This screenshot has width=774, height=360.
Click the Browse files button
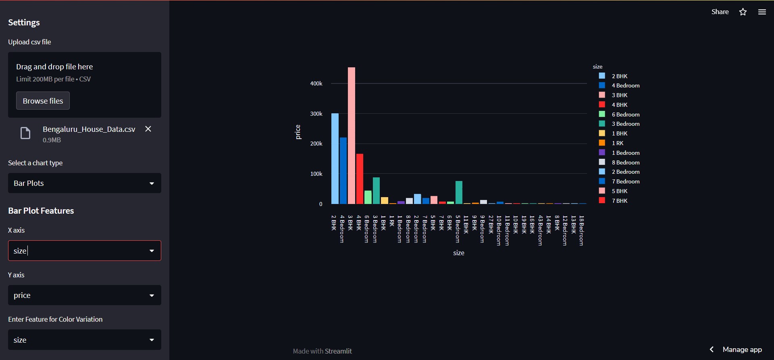pyautogui.click(x=43, y=101)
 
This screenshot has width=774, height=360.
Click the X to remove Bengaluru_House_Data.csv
pyautogui.click(x=148, y=129)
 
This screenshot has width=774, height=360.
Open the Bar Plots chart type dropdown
pyautogui.click(x=84, y=183)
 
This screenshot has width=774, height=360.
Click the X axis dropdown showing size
pyautogui.click(x=84, y=251)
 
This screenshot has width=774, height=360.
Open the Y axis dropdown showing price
pyautogui.click(x=84, y=295)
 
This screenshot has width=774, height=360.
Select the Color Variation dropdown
pyautogui.click(x=84, y=340)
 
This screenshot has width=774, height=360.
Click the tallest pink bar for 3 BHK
pyautogui.click(x=352, y=137)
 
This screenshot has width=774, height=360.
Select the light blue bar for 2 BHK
pyautogui.click(x=335, y=159)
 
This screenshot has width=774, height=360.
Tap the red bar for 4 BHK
pyautogui.click(x=360, y=179)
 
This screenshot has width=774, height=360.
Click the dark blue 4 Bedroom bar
pyautogui.click(x=343, y=171)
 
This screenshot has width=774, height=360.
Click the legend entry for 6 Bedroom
pyautogui.click(x=625, y=114)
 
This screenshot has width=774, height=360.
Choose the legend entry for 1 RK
pyautogui.click(x=617, y=143)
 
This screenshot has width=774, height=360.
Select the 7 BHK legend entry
pyautogui.click(x=619, y=201)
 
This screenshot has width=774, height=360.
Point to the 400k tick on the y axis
pyautogui.click(x=316, y=83)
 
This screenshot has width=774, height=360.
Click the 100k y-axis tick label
pyautogui.click(x=316, y=174)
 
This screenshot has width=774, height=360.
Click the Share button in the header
pyautogui.click(x=720, y=12)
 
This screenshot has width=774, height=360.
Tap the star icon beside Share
pyautogui.click(x=743, y=12)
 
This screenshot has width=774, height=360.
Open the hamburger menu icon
pyautogui.click(x=762, y=12)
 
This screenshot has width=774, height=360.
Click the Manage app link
pyautogui.click(x=742, y=350)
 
